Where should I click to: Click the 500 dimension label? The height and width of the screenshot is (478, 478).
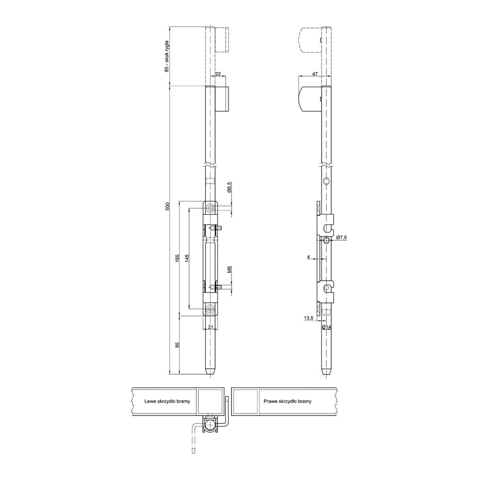167,206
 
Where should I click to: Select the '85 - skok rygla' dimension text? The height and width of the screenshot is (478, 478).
167,56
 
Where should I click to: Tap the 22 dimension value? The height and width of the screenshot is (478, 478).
218,74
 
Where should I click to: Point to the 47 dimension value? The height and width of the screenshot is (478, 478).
315,74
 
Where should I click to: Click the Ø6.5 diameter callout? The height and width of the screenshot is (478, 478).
230,187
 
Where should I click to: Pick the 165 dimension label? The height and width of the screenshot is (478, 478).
177,258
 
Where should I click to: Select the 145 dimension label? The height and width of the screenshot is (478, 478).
187,258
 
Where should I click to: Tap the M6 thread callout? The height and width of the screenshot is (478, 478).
230,270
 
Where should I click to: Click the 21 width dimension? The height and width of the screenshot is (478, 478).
210,327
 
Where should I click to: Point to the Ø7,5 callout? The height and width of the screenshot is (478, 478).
342,237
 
